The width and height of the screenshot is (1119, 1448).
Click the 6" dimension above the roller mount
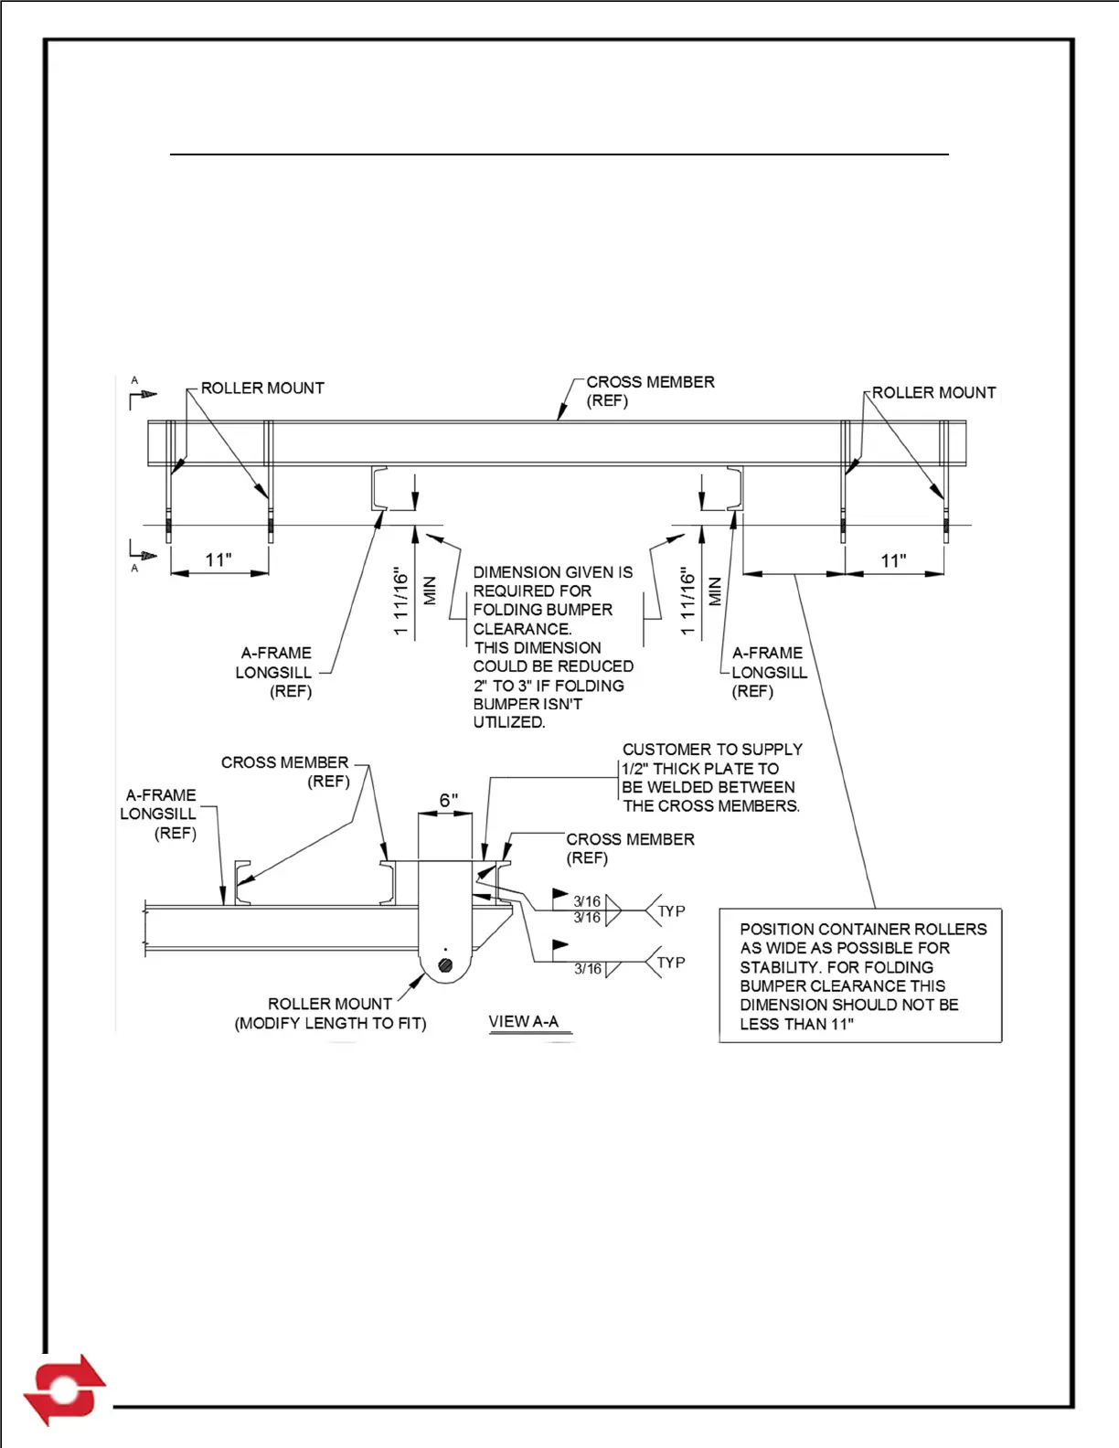[x=448, y=801]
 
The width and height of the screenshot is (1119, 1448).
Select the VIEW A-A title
[x=524, y=1022]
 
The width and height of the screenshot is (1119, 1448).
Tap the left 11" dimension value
[x=218, y=559]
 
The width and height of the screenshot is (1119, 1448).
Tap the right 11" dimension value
[x=893, y=560]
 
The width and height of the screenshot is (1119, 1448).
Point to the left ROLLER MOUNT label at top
[x=262, y=389]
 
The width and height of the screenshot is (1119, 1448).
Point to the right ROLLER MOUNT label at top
[x=933, y=393]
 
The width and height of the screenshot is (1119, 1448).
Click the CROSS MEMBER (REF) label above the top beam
[x=650, y=391]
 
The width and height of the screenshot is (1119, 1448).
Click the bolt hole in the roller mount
[x=445, y=965]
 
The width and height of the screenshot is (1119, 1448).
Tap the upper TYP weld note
[x=671, y=911]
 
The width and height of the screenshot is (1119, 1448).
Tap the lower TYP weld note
[x=671, y=963]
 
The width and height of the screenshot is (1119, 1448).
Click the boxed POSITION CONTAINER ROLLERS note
[x=860, y=976]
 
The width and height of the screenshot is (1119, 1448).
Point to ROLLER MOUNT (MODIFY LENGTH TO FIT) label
[x=330, y=1014]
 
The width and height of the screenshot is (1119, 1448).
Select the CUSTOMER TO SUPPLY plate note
[x=711, y=778]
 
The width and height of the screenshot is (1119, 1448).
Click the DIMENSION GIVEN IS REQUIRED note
[x=552, y=646]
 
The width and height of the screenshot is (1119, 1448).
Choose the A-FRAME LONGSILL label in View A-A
[x=159, y=814]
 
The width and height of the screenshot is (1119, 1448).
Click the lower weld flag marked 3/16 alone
[x=588, y=969]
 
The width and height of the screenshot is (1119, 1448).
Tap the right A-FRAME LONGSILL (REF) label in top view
[x=769, y=672]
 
